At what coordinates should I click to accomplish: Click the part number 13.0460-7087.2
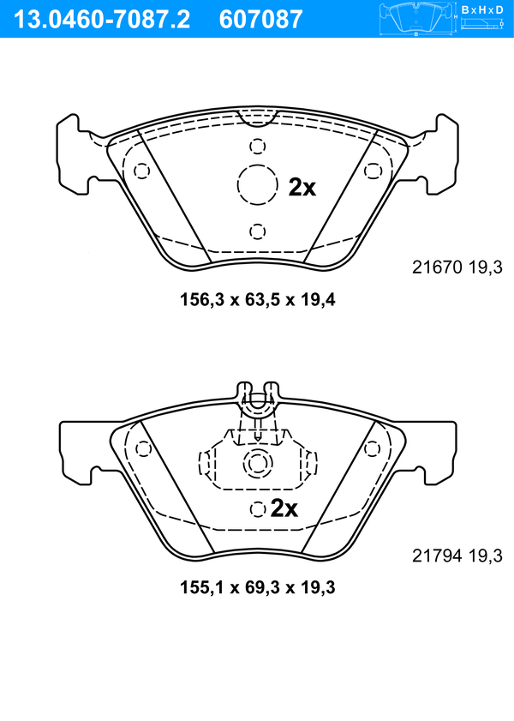pyautogui.click(x=102, y=20)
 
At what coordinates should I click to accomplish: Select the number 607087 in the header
pyautogui.click(x=261, y=20)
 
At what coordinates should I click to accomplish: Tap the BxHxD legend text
pyautogui.click(x=482, y=10)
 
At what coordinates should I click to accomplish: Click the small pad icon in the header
pyautogui.click(x=415, y=18)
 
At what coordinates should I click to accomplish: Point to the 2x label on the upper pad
pyautogui.click(x=302, y=187)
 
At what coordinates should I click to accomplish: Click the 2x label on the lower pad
pyautogui.click(x=284, y=508)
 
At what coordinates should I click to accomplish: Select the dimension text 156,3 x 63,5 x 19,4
pyautogui.click(x=258, y=300)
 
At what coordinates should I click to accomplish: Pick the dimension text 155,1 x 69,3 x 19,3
pyautogui.click(x=258, y=587)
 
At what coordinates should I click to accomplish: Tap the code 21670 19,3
pyautogui.click(x=457, y=267)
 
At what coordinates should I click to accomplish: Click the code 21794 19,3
pyautogui.click(x=457, y=556)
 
